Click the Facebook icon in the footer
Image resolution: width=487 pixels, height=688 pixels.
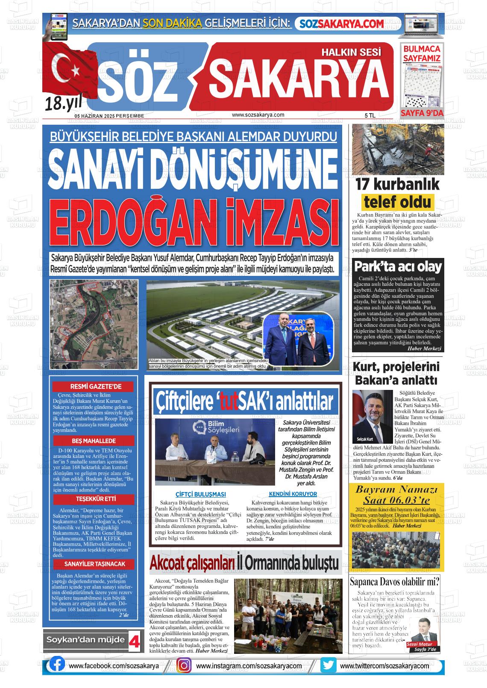(x=57, y=665)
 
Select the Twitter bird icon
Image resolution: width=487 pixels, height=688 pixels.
(x=328, y=665)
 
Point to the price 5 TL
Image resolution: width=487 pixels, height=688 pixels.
(x=370, y=115)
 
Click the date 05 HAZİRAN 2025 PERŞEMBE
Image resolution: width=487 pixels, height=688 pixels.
(x=109, y=116)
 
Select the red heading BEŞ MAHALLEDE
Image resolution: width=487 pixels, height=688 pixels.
(x=93, y=441)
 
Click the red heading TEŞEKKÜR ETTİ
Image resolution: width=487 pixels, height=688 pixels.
(x=93, y=499)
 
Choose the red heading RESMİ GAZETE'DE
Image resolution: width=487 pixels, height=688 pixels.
(x=93, y=386)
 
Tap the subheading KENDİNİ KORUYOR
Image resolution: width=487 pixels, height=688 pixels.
(x=293, y=494)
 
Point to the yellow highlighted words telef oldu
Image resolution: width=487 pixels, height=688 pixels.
(x=397, y=202)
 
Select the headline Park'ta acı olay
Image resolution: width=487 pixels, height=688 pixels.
(x=398, y=267)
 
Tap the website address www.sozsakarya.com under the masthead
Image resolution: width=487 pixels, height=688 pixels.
(x=258, y=115)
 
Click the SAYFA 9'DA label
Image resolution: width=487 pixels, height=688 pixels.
(x=422, y=113)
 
